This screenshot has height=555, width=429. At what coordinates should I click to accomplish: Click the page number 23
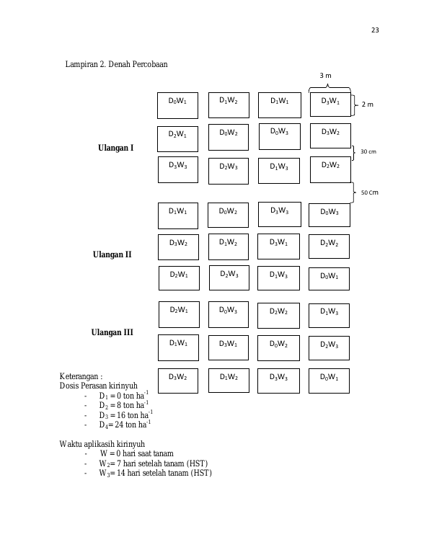[x=375, y=30]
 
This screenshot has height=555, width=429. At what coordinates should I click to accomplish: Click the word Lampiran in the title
[x=79, y=64]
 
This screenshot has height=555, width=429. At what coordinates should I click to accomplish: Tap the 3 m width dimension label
[x=325, y=76]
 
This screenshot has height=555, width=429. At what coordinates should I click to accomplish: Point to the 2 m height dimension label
[x=367, y=105]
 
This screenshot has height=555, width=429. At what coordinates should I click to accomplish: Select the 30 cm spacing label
[x=368, y=151]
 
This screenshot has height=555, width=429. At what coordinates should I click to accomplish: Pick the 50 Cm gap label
[x=370, y=192]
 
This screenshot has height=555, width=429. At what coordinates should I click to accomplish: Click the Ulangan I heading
[x=116, y=148]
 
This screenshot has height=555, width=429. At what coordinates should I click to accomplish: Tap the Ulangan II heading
[x=112, y=254]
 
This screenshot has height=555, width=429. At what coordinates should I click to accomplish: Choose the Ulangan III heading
[x=112, y=332]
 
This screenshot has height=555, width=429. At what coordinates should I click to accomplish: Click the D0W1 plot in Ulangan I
[x=177, y=105]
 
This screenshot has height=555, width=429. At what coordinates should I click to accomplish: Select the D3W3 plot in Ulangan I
[x=178, y=170]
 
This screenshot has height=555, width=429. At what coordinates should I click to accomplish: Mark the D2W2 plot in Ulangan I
[x=331, y=170]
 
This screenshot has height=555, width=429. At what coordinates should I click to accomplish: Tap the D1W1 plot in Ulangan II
[x=178, y=216]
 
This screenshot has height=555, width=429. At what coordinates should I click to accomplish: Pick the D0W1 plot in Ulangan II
[x=330, y=279]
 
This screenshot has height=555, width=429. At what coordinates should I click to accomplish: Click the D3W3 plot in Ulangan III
[x=278, y=381]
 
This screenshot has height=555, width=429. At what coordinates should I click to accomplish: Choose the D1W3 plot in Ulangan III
[x=330, y=316]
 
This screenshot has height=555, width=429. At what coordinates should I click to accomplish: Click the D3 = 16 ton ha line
[x=125, y=414]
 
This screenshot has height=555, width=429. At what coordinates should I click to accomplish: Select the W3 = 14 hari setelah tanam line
[x=156, y=474]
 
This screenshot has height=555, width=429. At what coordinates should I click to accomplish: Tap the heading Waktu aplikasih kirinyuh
[x=102, y=444]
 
